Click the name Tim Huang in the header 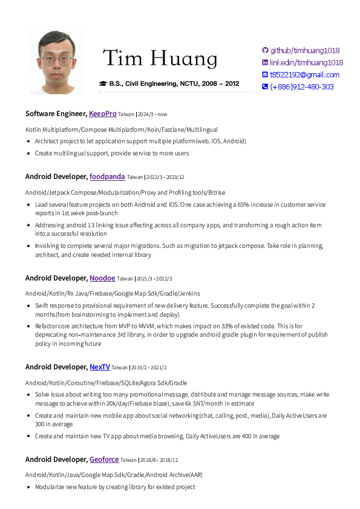pyautogui.click(x=160, y=59)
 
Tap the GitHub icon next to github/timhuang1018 pyautogui.click(x=264, y=51)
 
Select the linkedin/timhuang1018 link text pyautogui.click(x=306, y=63)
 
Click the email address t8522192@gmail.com pyautogui.click(x=304, y=75)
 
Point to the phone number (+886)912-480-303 pyautogui.click(x=301, y=87)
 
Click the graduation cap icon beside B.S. pyautogui.click(x=103, y=83)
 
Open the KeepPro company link pyautogui.click(x=103, y=114)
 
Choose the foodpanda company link pyautogui.click(x=107, y=177)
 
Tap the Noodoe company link pyautogui.click(x=102, y=278)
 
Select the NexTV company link pyautogui.click(x=100, y=367)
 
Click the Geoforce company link pyautogui.click(x=104, y=459)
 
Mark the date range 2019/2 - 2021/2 pyautogui.click(x=149, y=368)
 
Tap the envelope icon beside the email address pyautogui.click(x=264, y=75)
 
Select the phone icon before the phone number pyautogui.click(x=264, y=87)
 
